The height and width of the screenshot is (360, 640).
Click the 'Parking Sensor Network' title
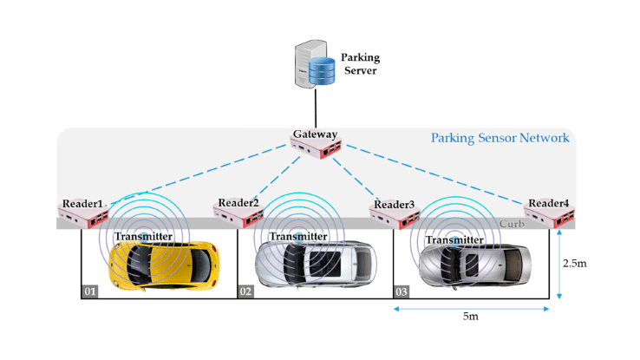pos(500,137)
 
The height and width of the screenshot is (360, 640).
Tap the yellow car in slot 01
pos(165,263)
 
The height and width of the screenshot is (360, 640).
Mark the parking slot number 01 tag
pos(89,291)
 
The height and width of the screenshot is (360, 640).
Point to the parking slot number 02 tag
pos(245,291)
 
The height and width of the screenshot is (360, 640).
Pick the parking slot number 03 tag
pos(402,291)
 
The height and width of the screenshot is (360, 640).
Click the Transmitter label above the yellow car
pos(143,235)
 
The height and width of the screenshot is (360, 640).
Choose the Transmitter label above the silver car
pos(454,240)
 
